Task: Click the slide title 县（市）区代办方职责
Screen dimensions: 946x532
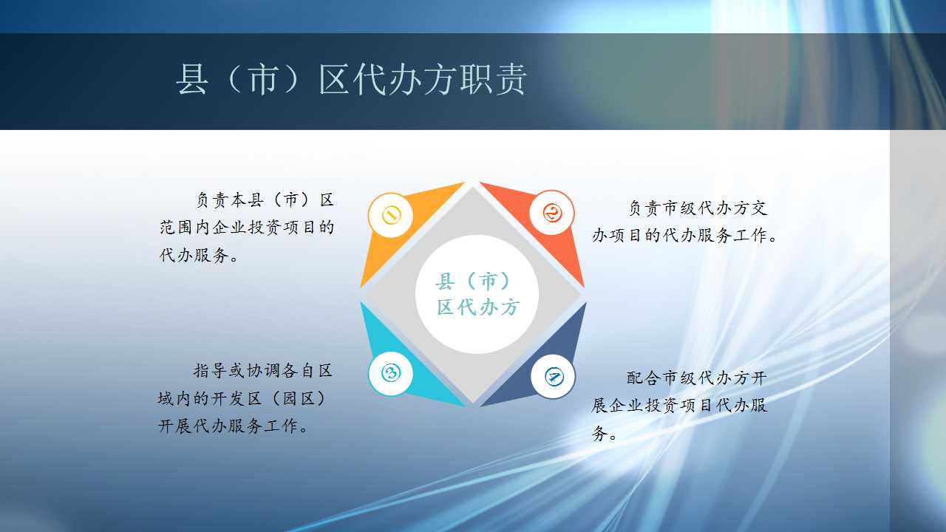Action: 351,79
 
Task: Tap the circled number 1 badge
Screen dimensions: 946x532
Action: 391,215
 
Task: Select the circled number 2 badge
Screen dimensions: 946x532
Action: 551,212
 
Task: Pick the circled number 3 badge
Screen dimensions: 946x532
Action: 391,373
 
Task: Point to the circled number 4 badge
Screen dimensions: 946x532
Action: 553,376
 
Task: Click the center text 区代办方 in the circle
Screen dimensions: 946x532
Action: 477,307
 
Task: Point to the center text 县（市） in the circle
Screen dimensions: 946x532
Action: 473,282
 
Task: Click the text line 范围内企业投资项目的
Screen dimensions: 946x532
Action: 247,227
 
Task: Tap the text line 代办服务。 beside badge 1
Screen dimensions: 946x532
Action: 199,255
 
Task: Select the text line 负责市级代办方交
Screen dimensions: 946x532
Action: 698,208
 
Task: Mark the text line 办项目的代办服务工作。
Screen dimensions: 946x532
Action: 684,235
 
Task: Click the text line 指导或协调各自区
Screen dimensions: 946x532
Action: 262,371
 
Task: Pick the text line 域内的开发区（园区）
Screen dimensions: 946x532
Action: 242,398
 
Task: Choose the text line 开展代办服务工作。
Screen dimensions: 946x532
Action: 233,426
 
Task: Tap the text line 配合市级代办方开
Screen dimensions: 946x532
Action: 697,378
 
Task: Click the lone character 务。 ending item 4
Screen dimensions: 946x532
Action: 605,433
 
